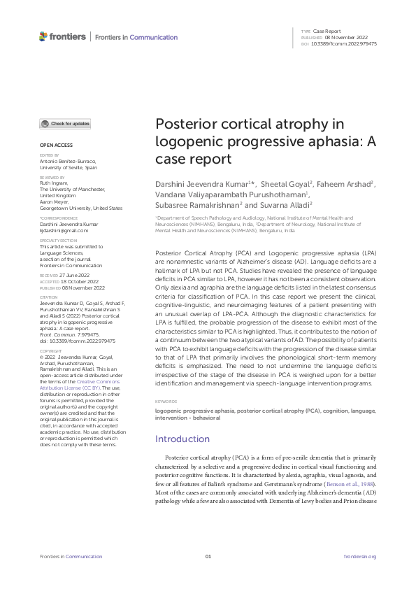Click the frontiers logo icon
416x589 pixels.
pos(44,36)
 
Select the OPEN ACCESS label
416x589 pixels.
pos(52,145)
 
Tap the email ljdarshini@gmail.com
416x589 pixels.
pos(64,230)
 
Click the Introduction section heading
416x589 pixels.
pos(182,439)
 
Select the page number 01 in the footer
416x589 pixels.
pos(208,556)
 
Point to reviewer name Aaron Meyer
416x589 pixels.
pos(57,201)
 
